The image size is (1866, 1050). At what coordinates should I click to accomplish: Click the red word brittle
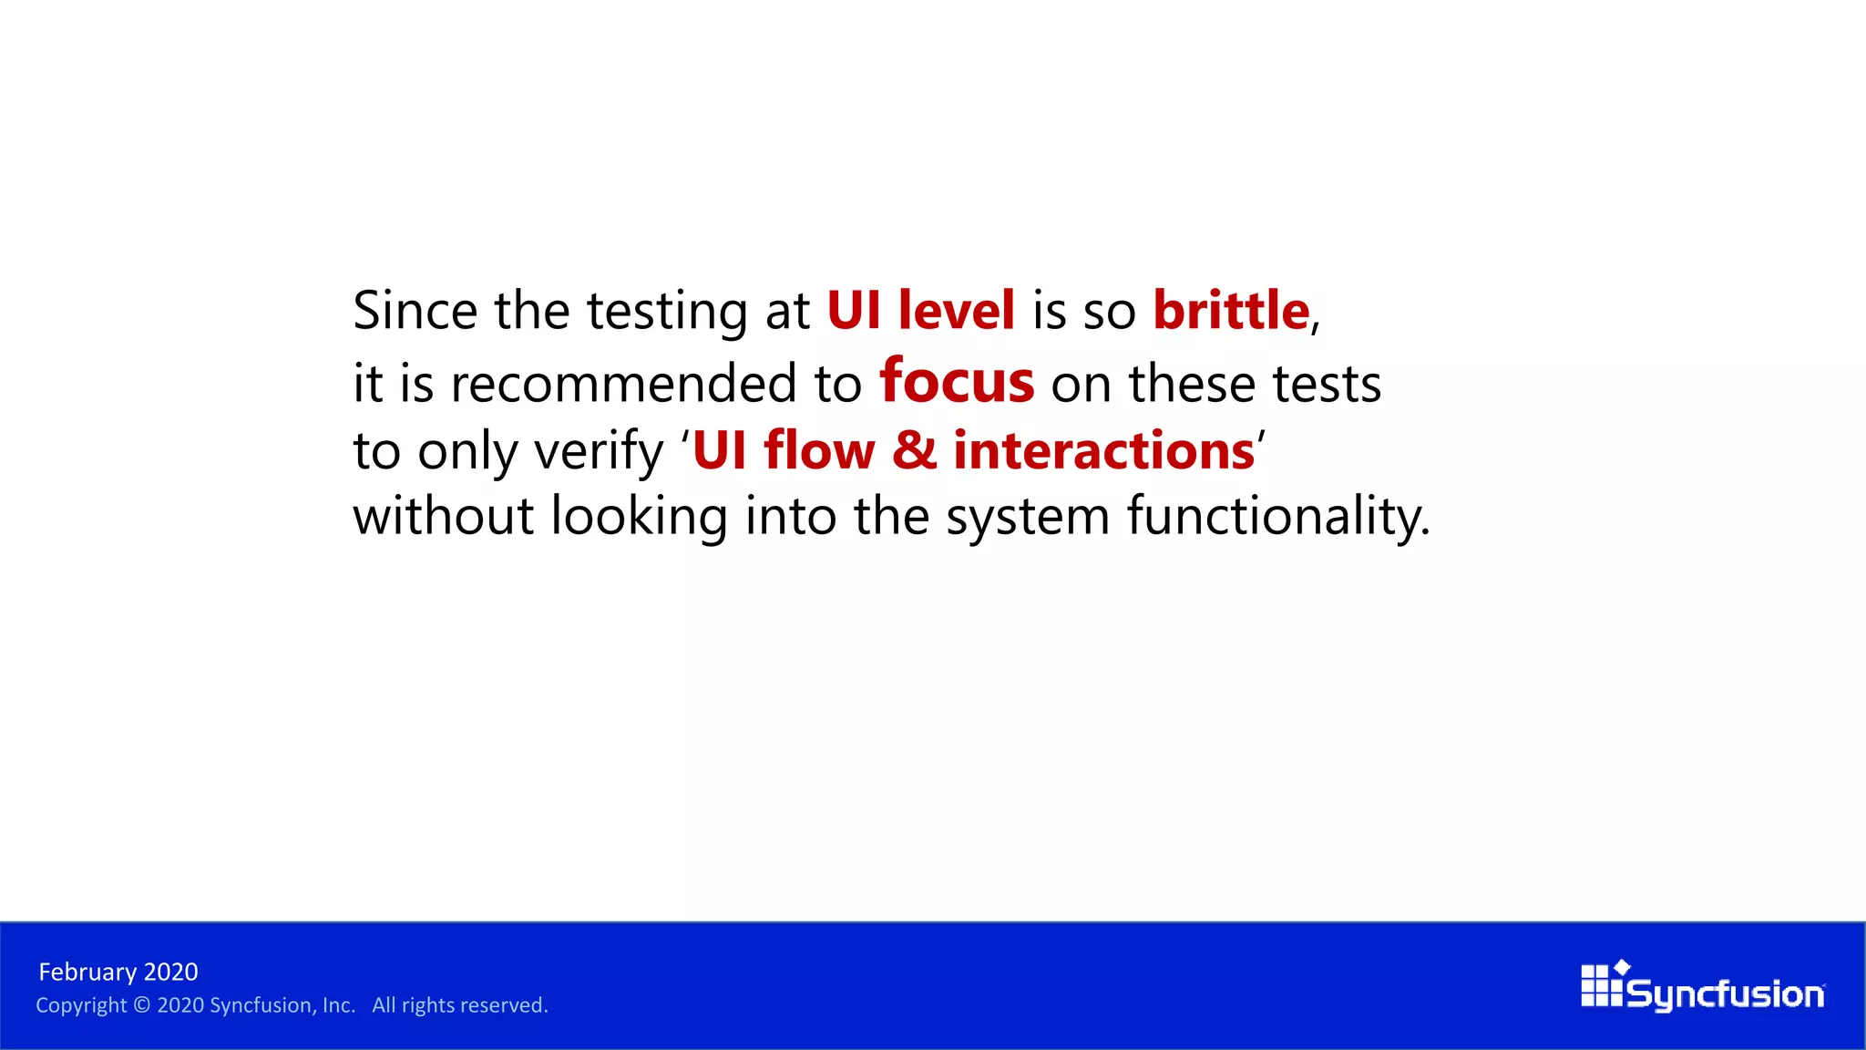click(x=1230, y=311)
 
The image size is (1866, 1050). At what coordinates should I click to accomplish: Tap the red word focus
click(x=957, y=381)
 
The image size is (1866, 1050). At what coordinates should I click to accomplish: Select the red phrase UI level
click(x=920, y=311)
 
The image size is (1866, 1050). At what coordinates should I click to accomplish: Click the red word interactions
click(x=1103, y=450)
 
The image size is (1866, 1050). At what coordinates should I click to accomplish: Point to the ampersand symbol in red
click(x=914, y=450)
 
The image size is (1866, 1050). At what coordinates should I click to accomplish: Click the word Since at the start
click(x=415, y=311)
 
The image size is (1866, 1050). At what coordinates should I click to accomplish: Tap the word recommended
click(x=623, y=383)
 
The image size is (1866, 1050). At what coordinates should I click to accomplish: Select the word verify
click(x=599, y=452)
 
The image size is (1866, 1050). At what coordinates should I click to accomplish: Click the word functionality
click(x=1277, y=517)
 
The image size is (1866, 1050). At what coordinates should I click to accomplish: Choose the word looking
click(x=639, y=517)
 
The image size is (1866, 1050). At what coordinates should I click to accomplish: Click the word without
click(x=443, y=517)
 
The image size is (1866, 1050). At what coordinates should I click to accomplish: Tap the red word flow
click(x=819, y=450)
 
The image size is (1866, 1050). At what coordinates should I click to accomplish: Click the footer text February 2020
click(x=118, y=972)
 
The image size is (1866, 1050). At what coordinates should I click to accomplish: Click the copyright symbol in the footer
click(x=141, y=1005)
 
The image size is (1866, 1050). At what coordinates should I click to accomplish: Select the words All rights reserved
click(x=459, y=1005)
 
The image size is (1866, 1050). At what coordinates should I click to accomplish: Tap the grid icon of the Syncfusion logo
click(x=1601, y=986)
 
